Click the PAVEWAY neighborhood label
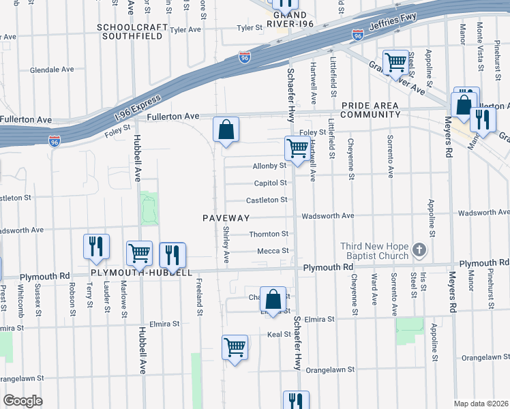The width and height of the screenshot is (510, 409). point(226,218)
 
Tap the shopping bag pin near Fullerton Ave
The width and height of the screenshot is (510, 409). point(226,130)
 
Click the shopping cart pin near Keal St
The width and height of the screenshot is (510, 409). point(235,348)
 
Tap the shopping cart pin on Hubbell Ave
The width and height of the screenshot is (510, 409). point(140,254)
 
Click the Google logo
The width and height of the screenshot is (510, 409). point(22,401)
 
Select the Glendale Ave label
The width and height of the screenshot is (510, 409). point(52,70)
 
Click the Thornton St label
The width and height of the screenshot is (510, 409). point(269,234)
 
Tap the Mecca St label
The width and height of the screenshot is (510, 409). point(273,251)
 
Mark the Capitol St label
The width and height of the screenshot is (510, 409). point(270,183)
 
